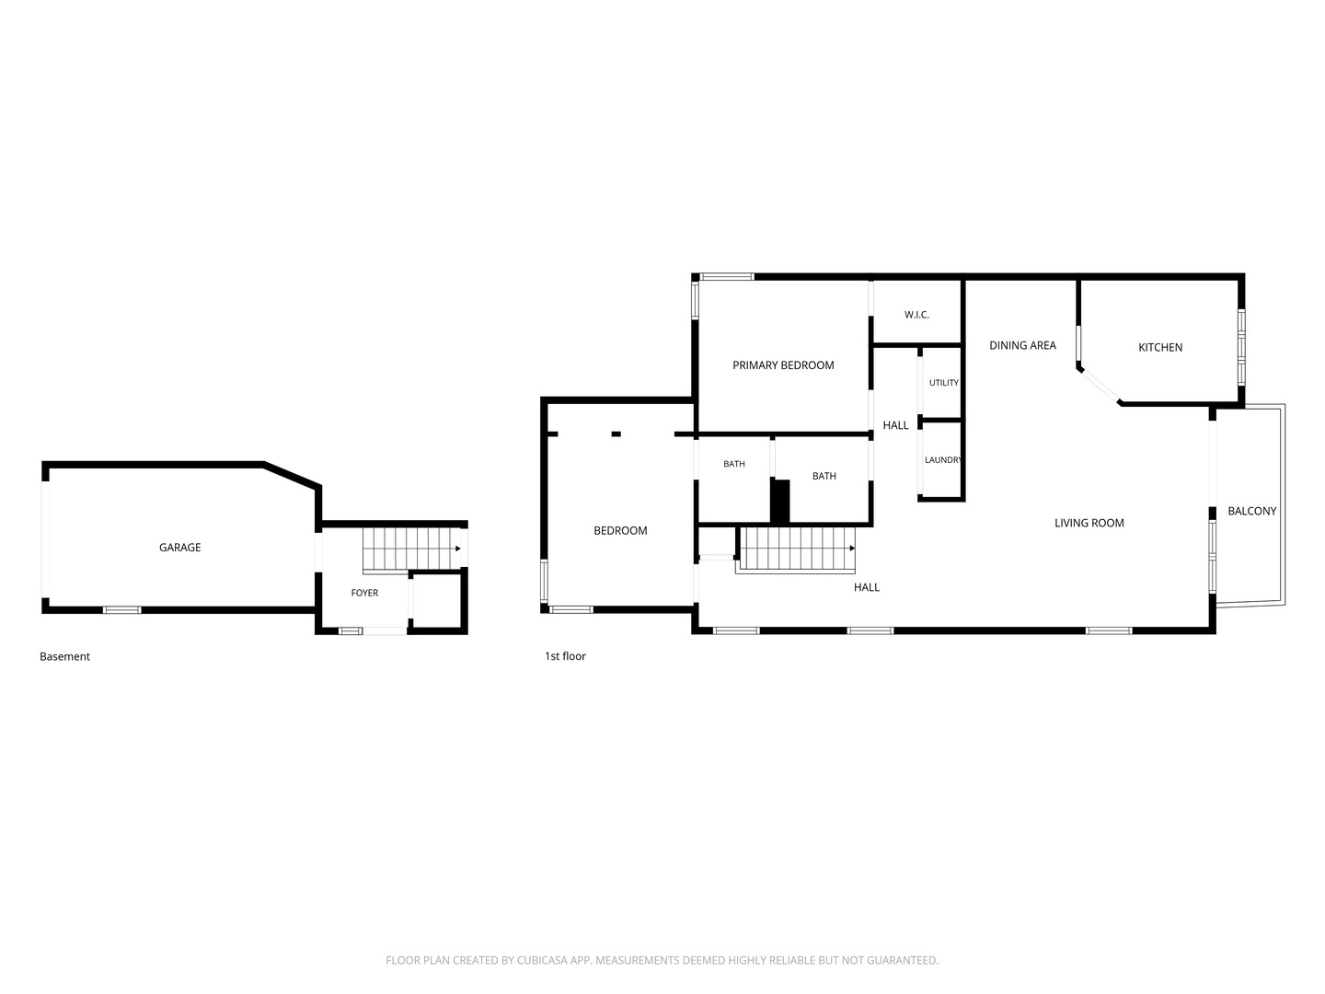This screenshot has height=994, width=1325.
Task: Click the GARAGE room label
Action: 179,548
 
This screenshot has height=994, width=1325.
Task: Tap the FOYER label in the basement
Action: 364,593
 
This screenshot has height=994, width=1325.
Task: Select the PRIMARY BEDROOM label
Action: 783,365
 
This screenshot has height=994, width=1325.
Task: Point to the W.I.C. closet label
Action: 916,315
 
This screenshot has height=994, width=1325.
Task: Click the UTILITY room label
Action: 943,383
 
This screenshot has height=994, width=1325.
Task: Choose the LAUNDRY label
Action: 943,460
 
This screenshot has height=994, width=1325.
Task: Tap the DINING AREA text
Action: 1022,345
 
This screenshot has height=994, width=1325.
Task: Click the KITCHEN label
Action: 1160,347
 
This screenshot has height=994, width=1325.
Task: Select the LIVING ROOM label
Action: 1089,523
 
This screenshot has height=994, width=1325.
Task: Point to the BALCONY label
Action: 1252,511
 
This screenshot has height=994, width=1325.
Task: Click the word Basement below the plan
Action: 64,656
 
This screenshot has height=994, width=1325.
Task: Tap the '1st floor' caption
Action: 565,656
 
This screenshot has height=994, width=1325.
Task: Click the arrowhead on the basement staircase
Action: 458,549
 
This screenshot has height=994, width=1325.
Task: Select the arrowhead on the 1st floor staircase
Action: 852,548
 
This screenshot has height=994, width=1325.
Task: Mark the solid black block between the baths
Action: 780,502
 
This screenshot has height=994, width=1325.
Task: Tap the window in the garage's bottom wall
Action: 122,609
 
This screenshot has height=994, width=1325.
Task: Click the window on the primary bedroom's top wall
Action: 727,276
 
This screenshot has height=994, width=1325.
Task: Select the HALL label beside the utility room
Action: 895,425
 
